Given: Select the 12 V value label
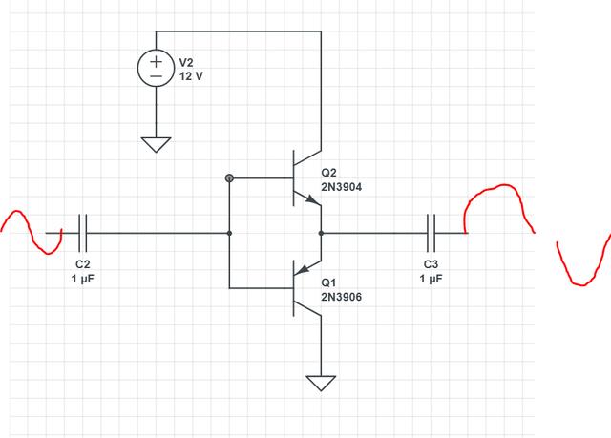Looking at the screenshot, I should [192, 75].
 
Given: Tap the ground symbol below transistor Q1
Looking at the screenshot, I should [321, 384].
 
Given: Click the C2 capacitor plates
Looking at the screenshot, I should [83, 232].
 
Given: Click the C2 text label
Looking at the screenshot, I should [83, 263].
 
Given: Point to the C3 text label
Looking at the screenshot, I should [431, 263].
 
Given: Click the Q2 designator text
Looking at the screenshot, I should [329, 173].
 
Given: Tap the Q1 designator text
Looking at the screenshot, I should [329, 283].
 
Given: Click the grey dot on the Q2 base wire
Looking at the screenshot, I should [229, 178].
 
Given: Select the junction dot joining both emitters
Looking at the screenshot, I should [321, 232].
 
